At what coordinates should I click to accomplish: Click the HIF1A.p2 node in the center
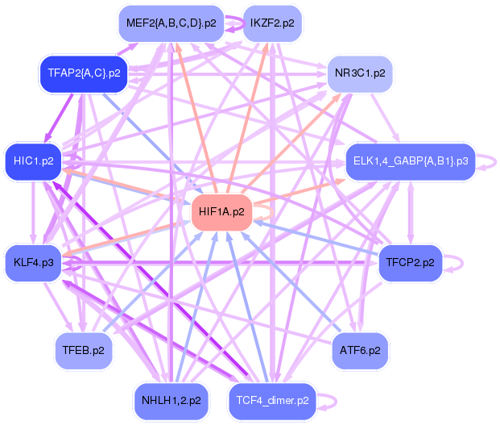221,212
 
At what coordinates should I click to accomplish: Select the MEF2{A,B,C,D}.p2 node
171,23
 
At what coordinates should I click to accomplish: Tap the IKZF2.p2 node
272,23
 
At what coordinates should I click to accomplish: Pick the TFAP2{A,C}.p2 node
84,73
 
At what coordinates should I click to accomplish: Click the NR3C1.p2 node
360,73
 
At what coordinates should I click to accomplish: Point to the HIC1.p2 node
33,160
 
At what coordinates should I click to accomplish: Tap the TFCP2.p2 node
410,263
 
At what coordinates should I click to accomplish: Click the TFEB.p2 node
84,350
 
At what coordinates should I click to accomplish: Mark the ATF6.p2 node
360,350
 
